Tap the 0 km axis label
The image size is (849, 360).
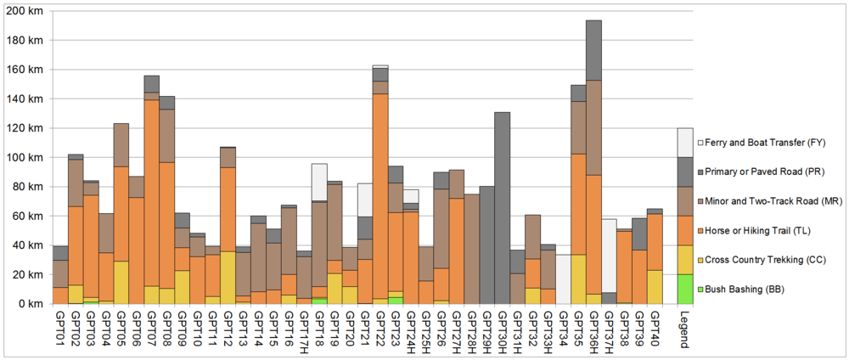30,303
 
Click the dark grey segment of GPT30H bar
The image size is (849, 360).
502,207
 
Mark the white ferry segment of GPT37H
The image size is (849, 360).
610,256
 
